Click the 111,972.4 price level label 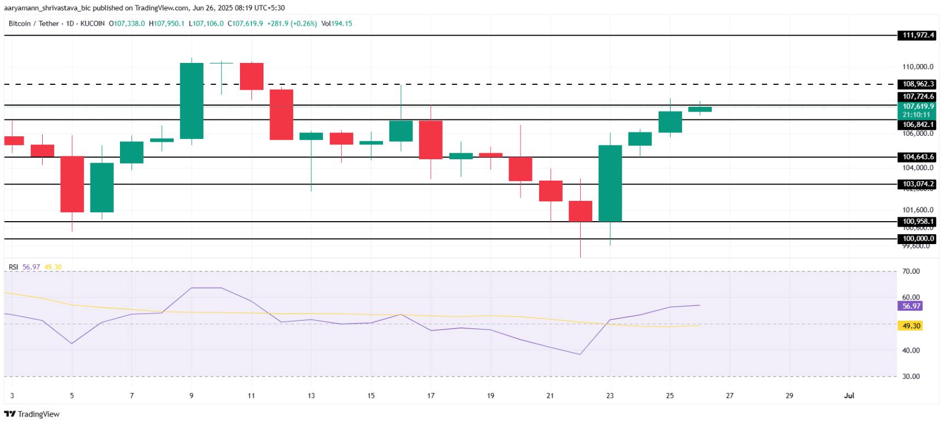(x=918, y=36)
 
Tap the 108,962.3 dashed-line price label (x=918, y=84)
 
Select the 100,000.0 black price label (x=918, y=239)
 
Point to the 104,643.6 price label (x=918, y=157)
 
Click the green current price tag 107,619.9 (x=918, y=107)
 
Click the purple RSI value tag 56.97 (x=911, y=307)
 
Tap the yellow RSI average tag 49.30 (x=911, y=326)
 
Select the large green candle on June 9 (x=192, y=101)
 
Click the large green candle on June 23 (x=610, y=183)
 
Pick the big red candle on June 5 (x=72, y=184)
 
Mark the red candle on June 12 (x=281, y=114)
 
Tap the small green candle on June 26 (x=700, y=109)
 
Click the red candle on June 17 (x=431, y=140)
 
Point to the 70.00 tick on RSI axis (x=911, y=271)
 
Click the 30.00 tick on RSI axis (x=911, y=377)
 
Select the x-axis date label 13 (x=311, y=396)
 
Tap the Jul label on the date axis (x=849, y=396)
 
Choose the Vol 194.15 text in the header (x=336, y=24)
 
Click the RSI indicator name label (x=13, y=267)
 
